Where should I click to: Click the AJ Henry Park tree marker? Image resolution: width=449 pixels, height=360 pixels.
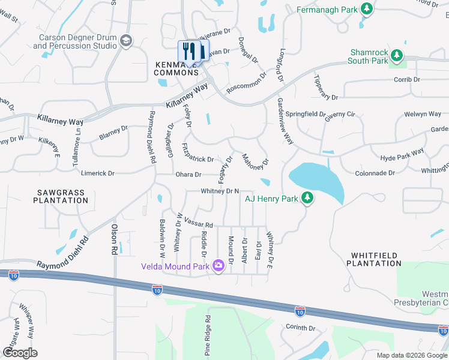307,197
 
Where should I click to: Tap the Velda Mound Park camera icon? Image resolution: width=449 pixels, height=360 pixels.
218,265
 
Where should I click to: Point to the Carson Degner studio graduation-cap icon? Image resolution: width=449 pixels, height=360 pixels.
126,40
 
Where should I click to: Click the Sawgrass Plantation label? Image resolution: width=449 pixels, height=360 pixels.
60,196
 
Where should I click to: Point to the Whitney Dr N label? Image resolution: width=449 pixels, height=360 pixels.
220,191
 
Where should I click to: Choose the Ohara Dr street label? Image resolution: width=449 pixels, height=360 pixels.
188,175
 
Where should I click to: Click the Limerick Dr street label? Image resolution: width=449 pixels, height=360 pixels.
97,173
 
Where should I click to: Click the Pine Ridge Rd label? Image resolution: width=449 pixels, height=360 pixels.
207,337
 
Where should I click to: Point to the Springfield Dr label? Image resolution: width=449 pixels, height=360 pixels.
305,113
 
